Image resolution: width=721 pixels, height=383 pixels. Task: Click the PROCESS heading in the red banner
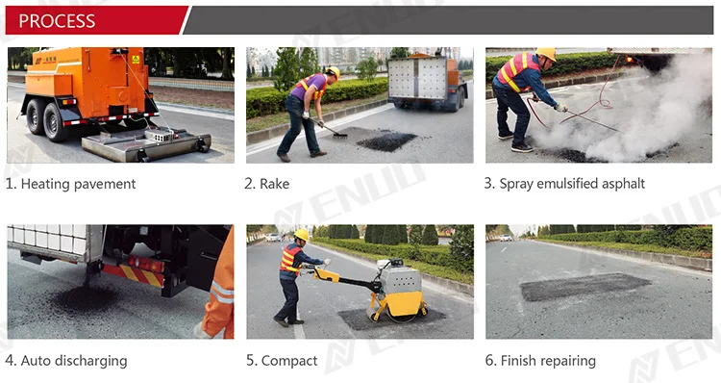click(x=58, y=20)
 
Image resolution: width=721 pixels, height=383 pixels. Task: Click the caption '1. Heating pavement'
click(x=71, y=184)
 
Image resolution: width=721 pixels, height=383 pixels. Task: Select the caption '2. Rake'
click(x=267, y=184)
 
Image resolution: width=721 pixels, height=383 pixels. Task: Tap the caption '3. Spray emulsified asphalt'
click(x=564, y=184)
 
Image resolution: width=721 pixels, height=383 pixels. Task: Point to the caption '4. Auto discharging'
click(x=65, y=361)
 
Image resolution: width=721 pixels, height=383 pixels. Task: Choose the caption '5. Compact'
click(x=282, y=361)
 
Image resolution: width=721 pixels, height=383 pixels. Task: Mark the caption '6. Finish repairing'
click(x=540, y=361)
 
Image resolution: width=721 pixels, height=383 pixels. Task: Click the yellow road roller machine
click(x=397, y=292)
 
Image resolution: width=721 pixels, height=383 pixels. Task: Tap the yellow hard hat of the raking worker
click(x=334, y=72)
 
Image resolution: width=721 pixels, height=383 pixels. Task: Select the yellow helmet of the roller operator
click(x=301, y=235)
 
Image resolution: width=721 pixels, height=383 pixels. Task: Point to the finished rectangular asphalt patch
click(x=584, y=286)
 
